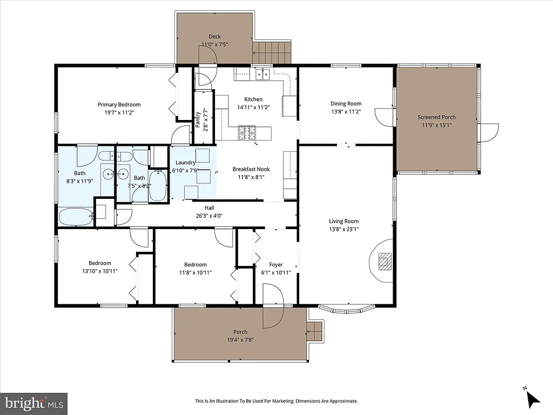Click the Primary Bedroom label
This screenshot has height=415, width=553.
click(119, 105)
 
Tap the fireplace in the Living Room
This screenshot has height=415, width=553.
click(384, 260)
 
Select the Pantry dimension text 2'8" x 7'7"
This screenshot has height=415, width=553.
click(206, 123)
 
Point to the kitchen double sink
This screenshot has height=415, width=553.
click(264, 74)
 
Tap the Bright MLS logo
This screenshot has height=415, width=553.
click(33, 403)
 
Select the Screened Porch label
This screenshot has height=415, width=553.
click(436, 117)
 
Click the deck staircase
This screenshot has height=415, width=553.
click(272, 52)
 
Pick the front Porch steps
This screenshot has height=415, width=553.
click(314, 331)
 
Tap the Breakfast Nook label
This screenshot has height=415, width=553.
click(251, 169)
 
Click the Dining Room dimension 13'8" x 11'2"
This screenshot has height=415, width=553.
click(346, 112)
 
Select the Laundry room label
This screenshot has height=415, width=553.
click(185, 163)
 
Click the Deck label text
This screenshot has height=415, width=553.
click(214, 37)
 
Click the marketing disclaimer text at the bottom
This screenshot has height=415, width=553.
click(276, 401)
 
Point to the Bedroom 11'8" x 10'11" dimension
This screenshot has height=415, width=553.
click(195, 273)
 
